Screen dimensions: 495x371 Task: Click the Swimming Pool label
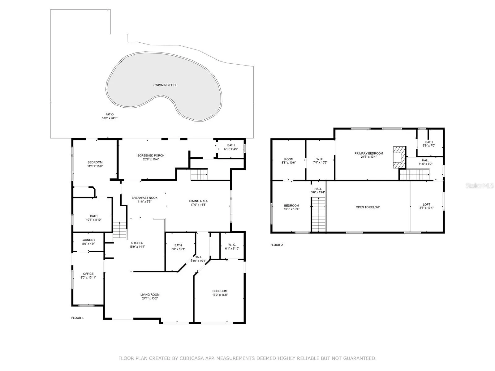pos(165,85)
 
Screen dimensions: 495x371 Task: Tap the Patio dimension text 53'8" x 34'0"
pos(110,118)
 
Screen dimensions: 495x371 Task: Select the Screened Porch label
pos(151,156)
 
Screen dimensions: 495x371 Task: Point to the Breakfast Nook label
pos(144,198)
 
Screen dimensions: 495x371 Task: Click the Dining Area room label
pos(198,201)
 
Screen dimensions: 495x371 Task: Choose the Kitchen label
pos(137,243)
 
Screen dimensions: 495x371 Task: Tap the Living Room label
pos(150,294)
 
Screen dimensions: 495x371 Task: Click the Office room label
pos(88,274)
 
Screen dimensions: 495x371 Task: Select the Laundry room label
pos(88,240)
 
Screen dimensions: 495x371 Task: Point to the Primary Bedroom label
pos(369,153)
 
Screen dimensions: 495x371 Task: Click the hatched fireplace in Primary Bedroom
pos(399,157)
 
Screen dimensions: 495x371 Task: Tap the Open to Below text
pos(368,207)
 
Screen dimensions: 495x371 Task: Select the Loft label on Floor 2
pos(426,205)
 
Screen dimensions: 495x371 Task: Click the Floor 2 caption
pos(277,245)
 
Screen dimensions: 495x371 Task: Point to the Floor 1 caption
pos(77,318)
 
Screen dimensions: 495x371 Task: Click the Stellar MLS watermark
pos(479,185)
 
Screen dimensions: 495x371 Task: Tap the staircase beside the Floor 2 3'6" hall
pos(319,215)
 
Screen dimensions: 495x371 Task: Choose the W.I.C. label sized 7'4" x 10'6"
pos(320,159)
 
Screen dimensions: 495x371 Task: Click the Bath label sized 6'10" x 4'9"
pos(231,145)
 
